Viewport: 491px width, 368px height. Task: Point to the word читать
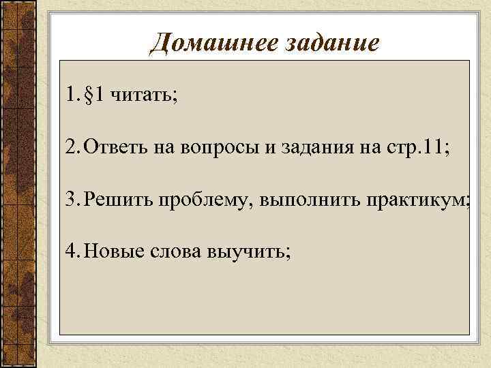coord(144,95)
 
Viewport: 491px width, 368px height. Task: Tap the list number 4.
coord(72,253)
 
